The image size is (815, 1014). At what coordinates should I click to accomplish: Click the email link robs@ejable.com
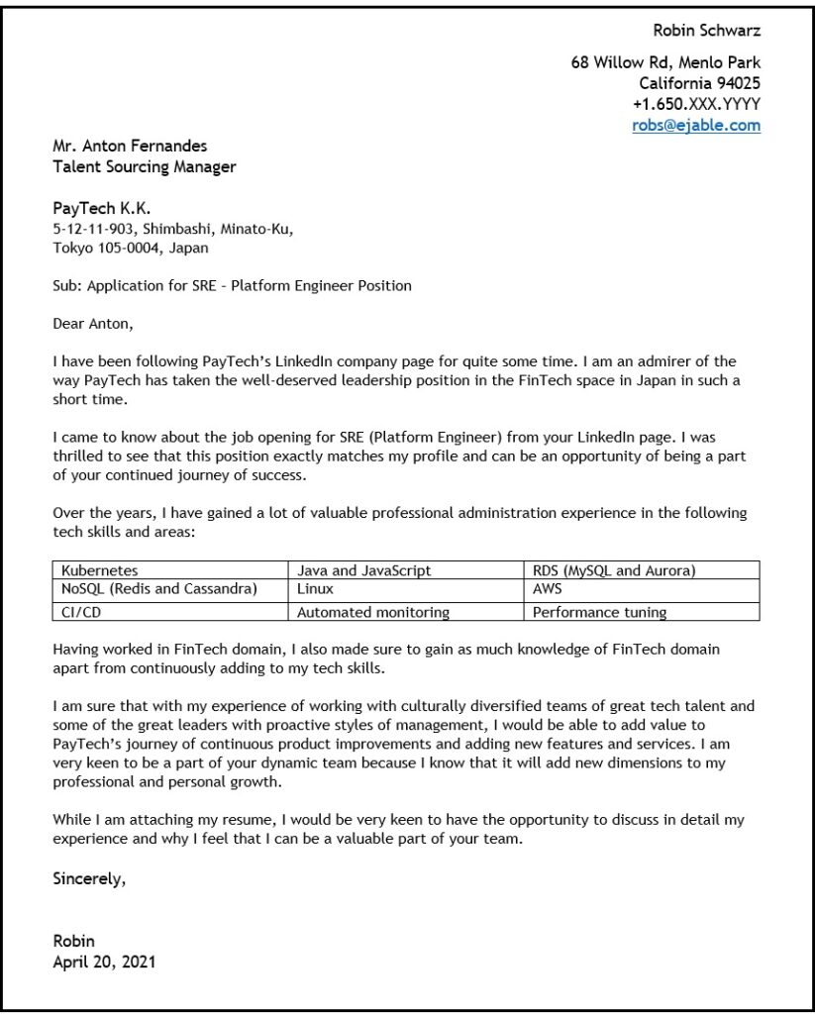[696, 125]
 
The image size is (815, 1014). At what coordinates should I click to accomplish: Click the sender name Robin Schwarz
[706, 30]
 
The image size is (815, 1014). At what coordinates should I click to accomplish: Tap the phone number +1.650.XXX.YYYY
[696, 104]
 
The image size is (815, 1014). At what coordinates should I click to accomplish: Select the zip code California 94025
[699, 83]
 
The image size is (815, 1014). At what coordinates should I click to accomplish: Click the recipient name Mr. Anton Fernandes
[130, 147]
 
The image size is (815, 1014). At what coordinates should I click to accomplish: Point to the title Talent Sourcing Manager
[144, 167]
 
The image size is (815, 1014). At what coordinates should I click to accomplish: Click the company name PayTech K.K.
[101, 209]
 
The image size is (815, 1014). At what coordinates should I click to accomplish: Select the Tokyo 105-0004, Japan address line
[130, 248]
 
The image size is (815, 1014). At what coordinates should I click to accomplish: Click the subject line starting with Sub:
[231, 286]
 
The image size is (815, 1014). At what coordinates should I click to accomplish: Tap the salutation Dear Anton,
[92, 323]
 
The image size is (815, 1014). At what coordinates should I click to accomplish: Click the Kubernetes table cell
[99, 570]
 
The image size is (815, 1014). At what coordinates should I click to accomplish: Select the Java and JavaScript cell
[363, 570]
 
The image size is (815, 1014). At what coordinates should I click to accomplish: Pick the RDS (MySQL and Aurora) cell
[613, 570]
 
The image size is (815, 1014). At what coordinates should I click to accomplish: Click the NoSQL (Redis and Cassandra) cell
[158, 589]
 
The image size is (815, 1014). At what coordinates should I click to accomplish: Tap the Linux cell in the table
[316, 589]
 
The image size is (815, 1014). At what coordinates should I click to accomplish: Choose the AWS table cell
[547, 589]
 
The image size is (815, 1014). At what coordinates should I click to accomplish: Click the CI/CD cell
[80, 612]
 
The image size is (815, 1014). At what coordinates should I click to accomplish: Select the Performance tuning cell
[599, 612]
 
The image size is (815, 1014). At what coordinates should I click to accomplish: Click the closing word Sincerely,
[89, 877]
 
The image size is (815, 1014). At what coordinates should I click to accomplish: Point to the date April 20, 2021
[104, 961]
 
